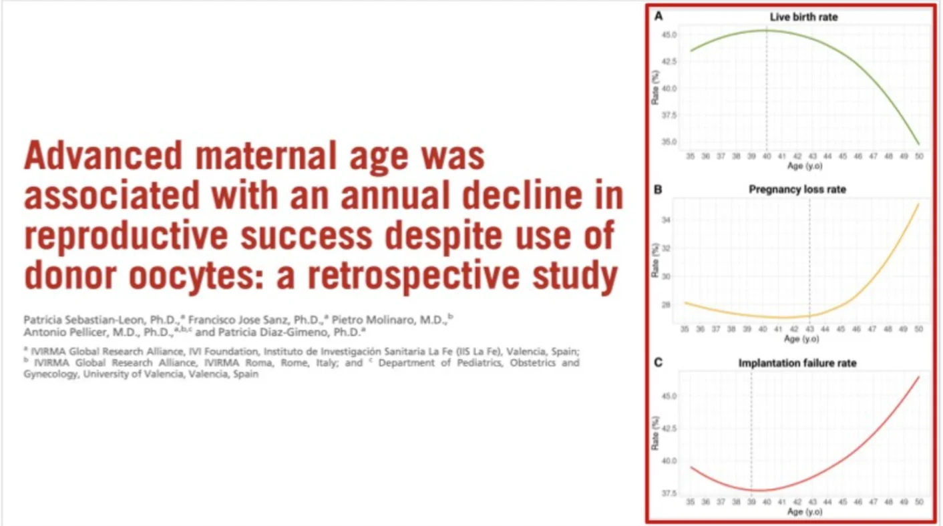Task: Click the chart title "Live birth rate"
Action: (x=803, y=17)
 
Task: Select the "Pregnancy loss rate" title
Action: (x=797, y=190)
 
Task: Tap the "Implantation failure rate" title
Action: (x=797, y=363)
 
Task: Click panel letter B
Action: (x=658, y=190)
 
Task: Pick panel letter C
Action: (x=658, y=363)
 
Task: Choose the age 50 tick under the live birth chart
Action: (x=919, y=155)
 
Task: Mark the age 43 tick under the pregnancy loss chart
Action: (x=810, y=329)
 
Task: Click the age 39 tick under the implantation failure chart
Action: (x=751, y=502)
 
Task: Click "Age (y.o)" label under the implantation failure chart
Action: (x=804, y=512)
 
